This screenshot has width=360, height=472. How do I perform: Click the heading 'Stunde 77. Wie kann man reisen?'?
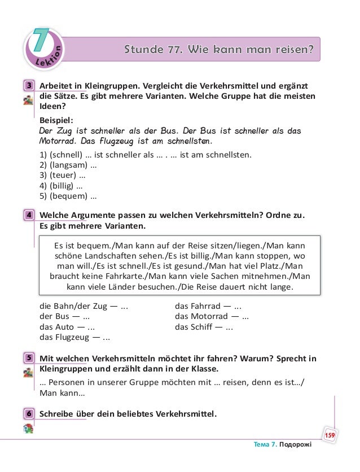click(x=218, y=50)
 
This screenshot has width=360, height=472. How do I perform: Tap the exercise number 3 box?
click(x=28, y=86)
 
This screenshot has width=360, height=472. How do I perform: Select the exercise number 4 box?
click(x=28, y=215)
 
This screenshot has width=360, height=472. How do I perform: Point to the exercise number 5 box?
click(x=28, y=359)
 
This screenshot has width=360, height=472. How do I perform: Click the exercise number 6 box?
click(x=28, y=413)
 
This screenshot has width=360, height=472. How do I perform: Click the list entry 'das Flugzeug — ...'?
click(x=74, y=338)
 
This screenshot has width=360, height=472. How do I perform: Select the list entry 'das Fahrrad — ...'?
click(x=208, y=307)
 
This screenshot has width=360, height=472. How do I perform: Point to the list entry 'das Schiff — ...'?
click(x=204, y=327)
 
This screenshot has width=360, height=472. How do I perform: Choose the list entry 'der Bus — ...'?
click(x=65, y=317)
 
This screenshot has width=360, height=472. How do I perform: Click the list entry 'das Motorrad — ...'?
click(x=212, y=317)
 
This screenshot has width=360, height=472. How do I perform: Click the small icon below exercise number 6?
click(x=28, y=429)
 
